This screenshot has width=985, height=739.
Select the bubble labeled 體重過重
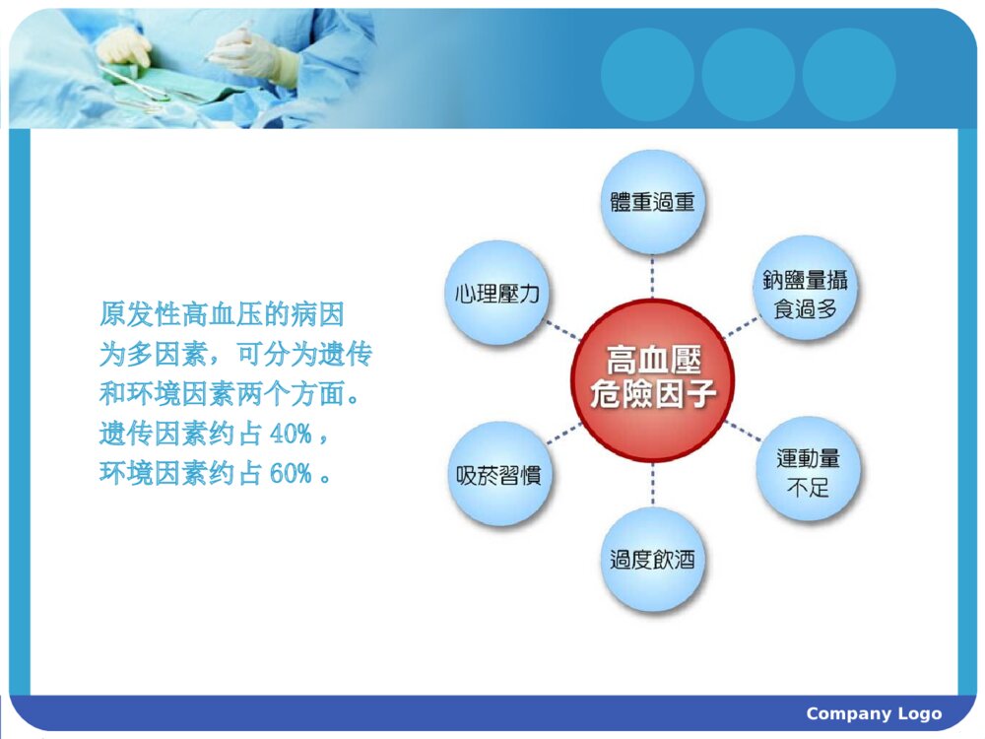(652, 202)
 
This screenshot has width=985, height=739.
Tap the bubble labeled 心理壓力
(497, 293)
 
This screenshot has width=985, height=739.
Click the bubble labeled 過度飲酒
(652, 560)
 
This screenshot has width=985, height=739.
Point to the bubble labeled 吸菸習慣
(498, 473)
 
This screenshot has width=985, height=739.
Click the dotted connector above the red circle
(652, 276)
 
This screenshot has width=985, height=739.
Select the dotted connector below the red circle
(652, 485)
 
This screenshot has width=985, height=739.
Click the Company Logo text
(874, 714)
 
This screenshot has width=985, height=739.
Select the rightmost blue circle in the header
(848, 75)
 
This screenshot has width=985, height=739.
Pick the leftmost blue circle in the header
(647, 75)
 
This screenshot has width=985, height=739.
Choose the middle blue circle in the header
(748, 75)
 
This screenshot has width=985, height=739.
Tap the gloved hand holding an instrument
(251, 51)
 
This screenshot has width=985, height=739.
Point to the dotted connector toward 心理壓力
(562, 329)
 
